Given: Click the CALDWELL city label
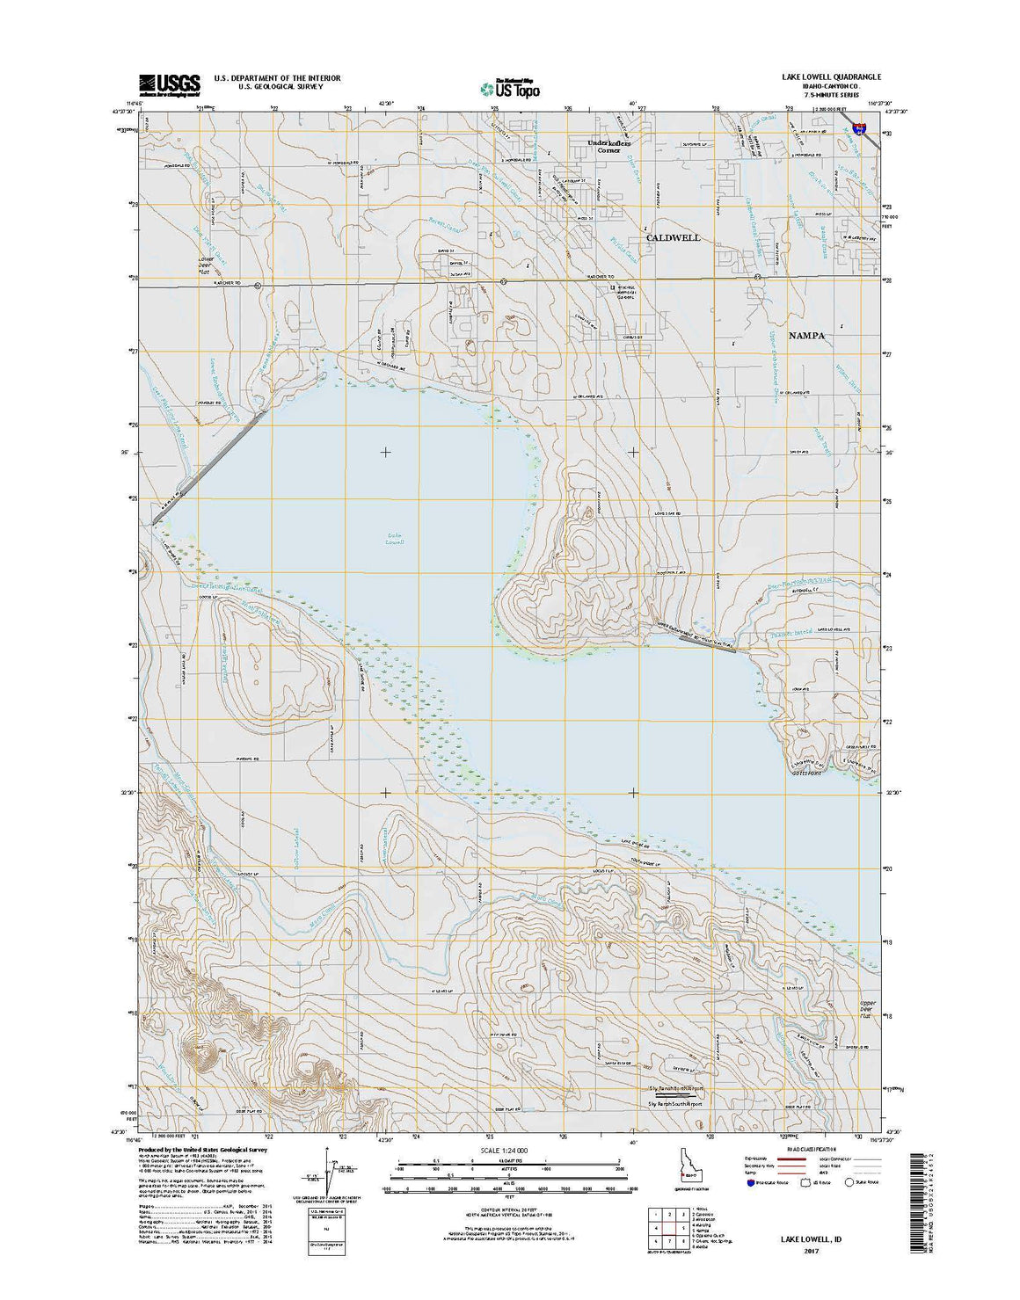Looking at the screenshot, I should [673, 238].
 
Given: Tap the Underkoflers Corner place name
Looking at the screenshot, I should [609, 146].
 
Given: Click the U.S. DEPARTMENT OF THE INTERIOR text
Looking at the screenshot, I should [277, 77].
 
